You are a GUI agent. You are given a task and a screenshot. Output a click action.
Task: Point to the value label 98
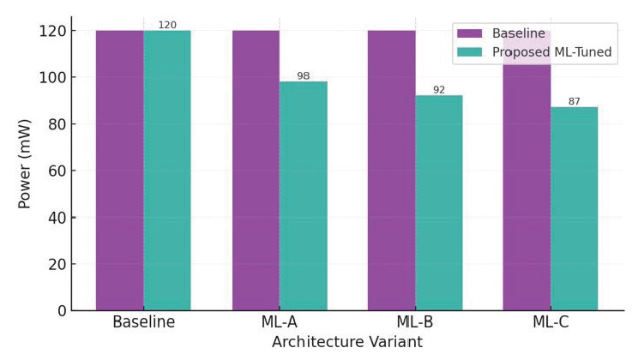304,76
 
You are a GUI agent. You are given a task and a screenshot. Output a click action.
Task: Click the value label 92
439,89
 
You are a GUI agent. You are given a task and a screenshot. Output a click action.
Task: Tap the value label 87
575,101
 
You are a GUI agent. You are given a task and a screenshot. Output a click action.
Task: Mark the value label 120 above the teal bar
167,25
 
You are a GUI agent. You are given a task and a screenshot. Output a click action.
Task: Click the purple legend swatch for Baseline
470,33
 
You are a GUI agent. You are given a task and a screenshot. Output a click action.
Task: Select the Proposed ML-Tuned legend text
551,51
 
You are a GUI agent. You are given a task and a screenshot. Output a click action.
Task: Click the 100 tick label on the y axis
51,77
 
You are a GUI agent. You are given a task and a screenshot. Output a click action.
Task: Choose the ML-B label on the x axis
415,323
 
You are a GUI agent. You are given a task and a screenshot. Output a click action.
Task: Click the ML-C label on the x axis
551,323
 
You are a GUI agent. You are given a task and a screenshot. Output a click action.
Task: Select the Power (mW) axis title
25,163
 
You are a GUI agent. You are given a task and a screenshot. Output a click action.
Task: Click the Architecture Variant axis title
346,342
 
